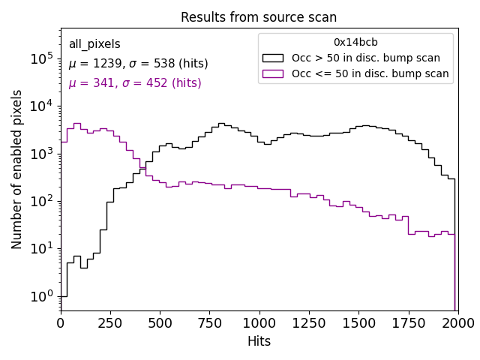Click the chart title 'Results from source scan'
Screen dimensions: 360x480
pyautogui.click(x=259, y=17)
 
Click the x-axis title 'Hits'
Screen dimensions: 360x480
pyautogui.click(x=259, y=341)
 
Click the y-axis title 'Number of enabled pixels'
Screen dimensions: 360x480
pyautogui.click(x=17, y=169)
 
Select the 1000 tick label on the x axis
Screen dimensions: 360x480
pyautogui.click(x=259, y=322)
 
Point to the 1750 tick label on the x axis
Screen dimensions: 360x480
pyautogui.click(x=408, y=322)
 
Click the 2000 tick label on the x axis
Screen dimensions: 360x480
pyautogui.click(x=457, y=322)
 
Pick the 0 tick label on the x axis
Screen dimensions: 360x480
pyautogui.click(x=61, y=322)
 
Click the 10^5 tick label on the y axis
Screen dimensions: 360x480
pyautogui.click(x=41, y=58)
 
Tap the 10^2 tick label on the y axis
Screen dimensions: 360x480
pyautogui.click(x=41, y=200)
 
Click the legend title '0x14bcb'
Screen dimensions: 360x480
pyautogui.click(x=355, y=43)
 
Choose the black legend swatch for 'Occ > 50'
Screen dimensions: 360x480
pyautogui.click(x=274, y=58)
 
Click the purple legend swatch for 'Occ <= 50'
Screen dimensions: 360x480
pyautogui.click(x=274, y=73)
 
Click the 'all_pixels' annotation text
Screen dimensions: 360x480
pyautogui.click(x=94, y=44)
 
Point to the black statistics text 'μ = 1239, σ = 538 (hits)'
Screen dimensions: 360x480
pyautogui.click(x=138, y=64)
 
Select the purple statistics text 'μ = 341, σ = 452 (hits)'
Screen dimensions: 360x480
pyautogui.click(x=135, y=83)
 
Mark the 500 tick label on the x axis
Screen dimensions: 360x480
pyautogui.click(x=160, y=322)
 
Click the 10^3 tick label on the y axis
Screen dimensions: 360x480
pyautogui.click(x=41, y=153)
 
